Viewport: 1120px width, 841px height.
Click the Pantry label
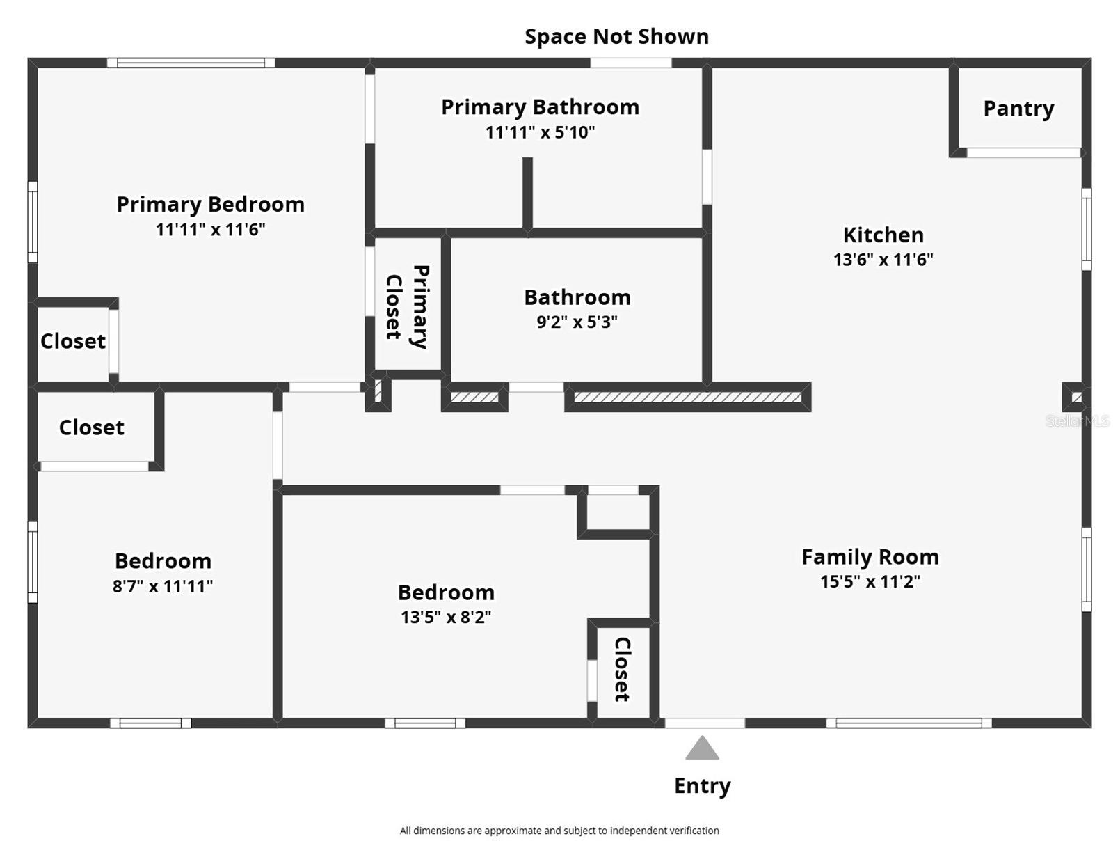click(1018, 109)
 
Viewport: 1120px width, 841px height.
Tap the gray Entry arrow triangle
click(702, 748)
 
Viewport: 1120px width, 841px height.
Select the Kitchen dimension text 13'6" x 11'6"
click(883, 260)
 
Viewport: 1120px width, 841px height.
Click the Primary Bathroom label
click(540, 107)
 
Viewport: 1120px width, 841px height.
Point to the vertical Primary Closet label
click(407, 306)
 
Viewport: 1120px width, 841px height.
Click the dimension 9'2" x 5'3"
click(577, 322)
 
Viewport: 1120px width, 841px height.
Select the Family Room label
click(870, 557)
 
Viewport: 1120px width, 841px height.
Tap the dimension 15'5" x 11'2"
click(870, 581)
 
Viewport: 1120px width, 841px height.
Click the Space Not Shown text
click(616, 36)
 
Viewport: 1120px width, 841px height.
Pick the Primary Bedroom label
click(210, 204)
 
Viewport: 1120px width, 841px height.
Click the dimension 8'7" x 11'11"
click(162, 586)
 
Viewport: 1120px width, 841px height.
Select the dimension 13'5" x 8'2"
click(445, 617)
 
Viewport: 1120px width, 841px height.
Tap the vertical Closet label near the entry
click(622, 669)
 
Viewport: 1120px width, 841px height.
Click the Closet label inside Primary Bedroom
click(73, 341)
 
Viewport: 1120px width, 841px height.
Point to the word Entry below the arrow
click(702, 785)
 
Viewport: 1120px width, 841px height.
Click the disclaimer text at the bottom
click(559, 831)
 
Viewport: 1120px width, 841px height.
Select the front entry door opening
click(704, 723)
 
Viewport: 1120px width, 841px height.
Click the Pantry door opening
click(1023, 152)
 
